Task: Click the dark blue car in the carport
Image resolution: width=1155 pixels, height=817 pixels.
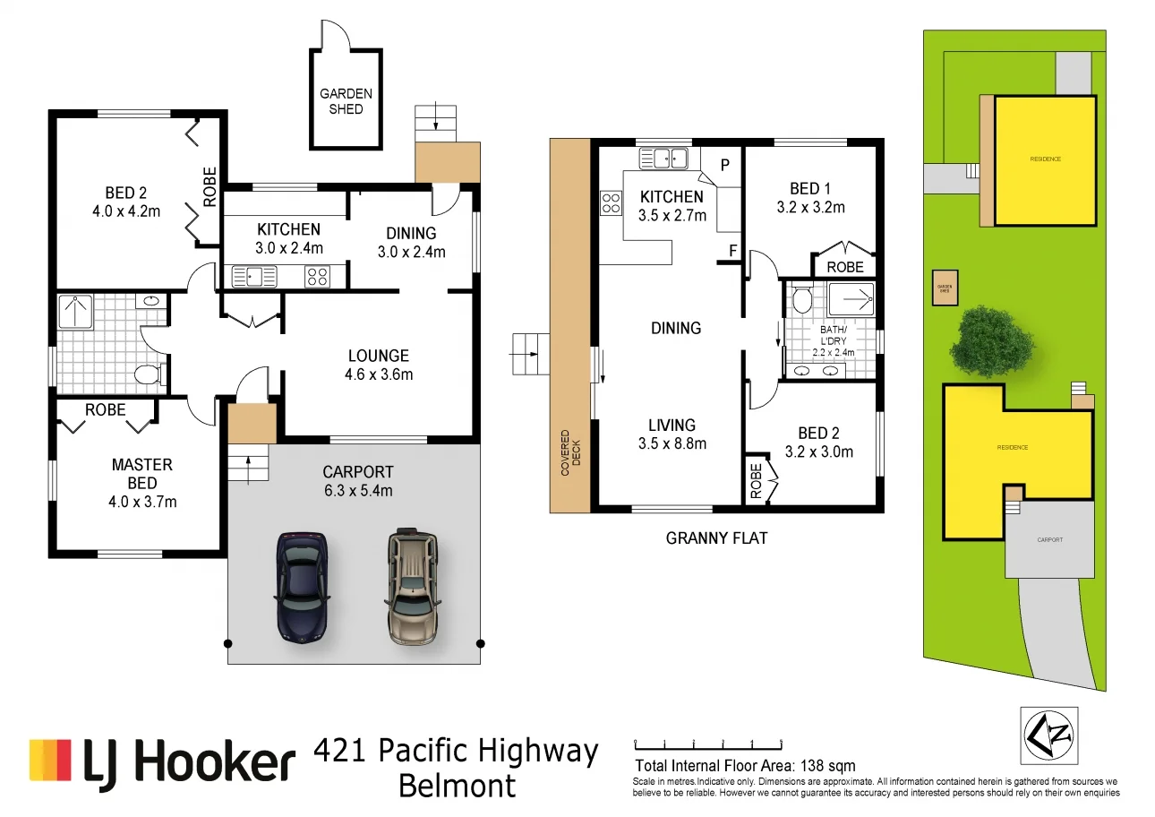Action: point(303,587)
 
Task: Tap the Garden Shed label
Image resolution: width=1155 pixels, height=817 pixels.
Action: point(346,101)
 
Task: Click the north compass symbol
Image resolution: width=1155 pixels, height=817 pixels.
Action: point(1048,735)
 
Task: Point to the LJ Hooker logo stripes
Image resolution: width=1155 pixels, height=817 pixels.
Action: point(50,760)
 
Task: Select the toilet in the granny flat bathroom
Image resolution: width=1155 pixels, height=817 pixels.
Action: point(801,298)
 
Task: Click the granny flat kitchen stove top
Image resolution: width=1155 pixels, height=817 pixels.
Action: point(612,203)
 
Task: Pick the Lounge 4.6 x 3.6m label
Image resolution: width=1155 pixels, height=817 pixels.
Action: point(379,365)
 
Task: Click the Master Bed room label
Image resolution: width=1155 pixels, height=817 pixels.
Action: point(142,483)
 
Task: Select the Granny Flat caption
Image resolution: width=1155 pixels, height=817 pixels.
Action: point(716,538)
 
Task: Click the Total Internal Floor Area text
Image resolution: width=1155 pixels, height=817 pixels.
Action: point(745,766)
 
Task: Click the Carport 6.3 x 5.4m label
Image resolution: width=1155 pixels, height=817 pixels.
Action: point(357,481)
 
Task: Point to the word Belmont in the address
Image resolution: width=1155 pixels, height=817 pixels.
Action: point(457,787)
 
